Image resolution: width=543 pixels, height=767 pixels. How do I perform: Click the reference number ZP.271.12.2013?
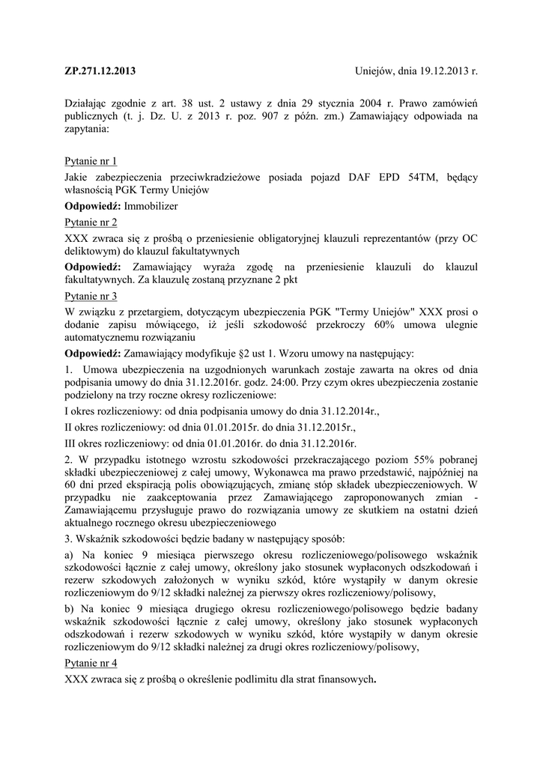(101, 72)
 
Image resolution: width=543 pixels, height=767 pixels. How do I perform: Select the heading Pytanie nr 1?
(91, 161)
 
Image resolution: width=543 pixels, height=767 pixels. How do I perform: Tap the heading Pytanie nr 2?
(91, 222)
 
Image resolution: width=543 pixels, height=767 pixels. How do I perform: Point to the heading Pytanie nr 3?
(91, 296)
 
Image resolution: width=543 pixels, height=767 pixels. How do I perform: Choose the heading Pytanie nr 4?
(91, 663)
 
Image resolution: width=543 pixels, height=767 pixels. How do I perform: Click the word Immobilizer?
(151, 205)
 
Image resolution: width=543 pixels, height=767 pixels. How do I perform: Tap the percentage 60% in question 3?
(371, 326)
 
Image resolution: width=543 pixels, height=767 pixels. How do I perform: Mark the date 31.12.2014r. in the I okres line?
(347, 411)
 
